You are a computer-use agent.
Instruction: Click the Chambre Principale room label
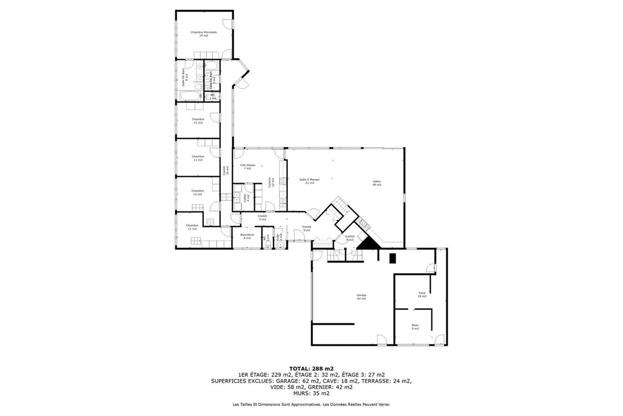(203, 34)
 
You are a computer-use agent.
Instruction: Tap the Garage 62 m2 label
(361, 297)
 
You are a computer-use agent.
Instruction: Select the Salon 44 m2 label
(377, 183)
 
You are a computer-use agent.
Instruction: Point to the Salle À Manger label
(310, 181)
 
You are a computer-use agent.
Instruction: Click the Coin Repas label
(247, 166)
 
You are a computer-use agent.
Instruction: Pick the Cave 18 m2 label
(421, 295)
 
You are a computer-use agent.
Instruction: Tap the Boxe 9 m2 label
(415, 327)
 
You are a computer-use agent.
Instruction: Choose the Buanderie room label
(247, 236)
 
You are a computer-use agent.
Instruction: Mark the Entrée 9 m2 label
(306, 228)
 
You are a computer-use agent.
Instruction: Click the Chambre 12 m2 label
(198, 192)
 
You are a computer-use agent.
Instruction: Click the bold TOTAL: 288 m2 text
(311, 368)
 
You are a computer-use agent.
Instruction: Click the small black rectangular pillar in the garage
(393, 258)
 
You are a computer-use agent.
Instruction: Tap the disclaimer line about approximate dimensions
(311, 405)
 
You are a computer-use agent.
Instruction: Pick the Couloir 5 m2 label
(262, 217)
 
